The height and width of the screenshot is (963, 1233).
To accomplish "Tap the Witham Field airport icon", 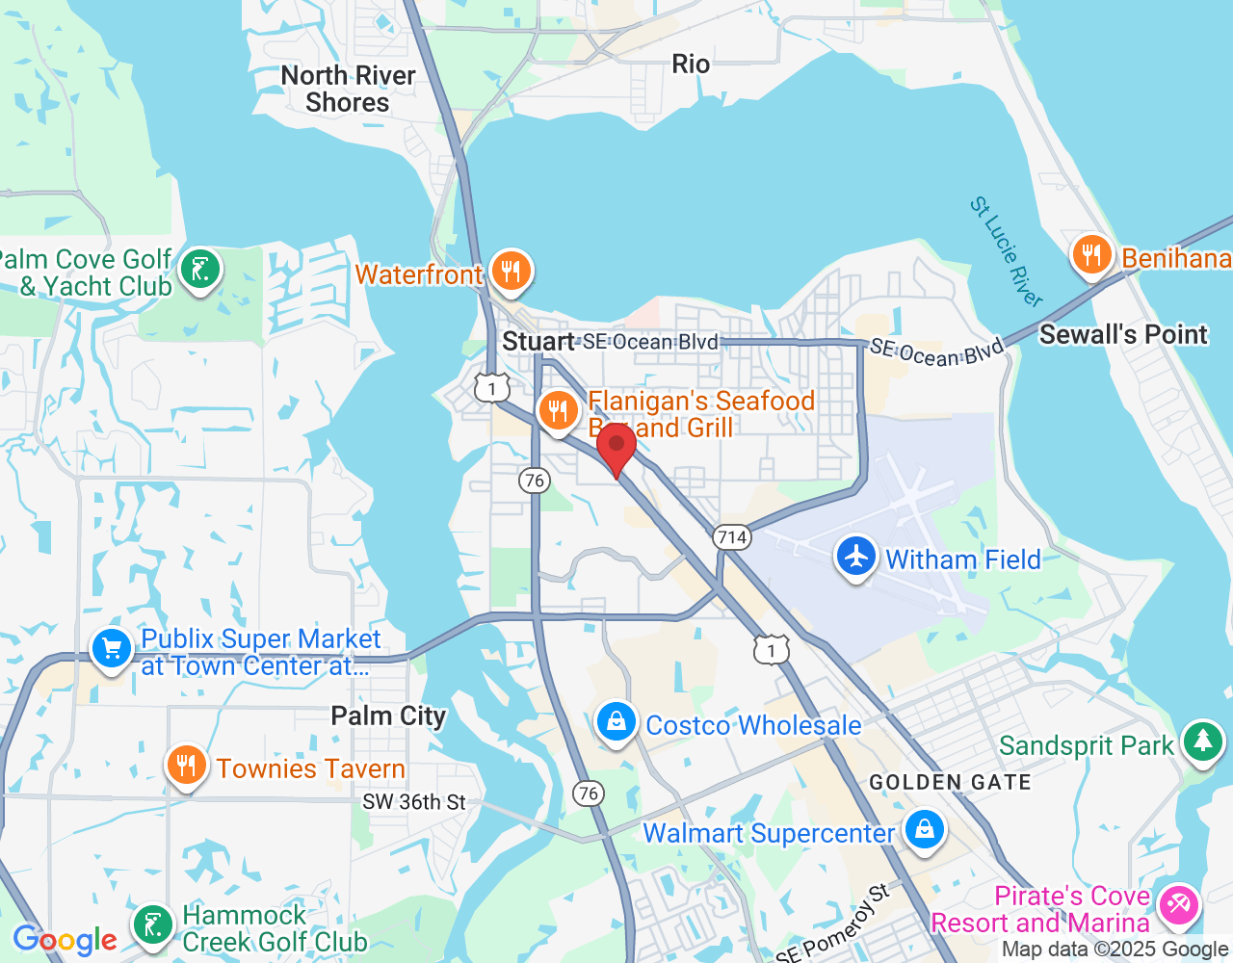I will click(x=855, y=558).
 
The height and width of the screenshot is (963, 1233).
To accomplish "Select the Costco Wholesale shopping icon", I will click(x=616, y=722).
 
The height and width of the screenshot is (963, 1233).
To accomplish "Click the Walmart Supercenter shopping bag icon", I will click(x=925, y=830).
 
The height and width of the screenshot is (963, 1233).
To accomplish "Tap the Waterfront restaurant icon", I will click(x=511, y=273).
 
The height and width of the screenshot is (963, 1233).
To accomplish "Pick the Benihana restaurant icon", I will click(x=1091, y=256).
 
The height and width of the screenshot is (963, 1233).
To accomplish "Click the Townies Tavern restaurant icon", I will click(x=186, y=767).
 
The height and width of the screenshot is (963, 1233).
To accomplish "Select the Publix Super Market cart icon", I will click(x=112, y=649).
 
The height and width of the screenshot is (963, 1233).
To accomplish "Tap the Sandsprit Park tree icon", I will click(x=1202, y=742).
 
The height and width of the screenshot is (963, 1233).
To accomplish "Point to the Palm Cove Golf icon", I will click(x=200, y=271).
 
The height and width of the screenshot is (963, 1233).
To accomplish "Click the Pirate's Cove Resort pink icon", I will click(x=1179, y=905).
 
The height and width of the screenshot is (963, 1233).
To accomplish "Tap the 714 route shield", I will click(x=732, y=537).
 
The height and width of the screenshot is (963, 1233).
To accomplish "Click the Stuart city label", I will click(x=538, y=342).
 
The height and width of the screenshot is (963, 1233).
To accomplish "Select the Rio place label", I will click(x=691, y=65).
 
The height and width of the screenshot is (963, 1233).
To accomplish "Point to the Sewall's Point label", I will click(x=1123, y=335).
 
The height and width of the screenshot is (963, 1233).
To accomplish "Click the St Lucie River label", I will click(x=1006, y=251).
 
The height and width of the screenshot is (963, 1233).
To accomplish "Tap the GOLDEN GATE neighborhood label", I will click(x=950, y=783).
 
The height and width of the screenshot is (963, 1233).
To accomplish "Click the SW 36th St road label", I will click(x=414, y=802).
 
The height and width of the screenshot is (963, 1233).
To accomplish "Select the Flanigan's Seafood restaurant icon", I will click(x=558, y=412).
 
